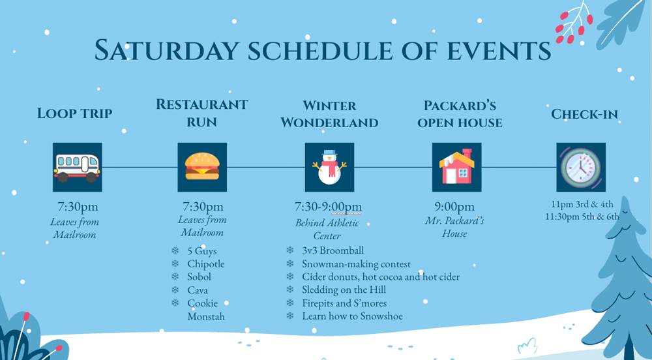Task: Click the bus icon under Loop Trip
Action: click(78, 167)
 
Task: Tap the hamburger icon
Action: click(202, 167)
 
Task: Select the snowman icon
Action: click(329, 167)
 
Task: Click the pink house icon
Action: click(456, 167)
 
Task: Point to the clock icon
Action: click(581, 167)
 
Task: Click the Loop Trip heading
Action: click(75, 113)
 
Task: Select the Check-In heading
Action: click(584, 114)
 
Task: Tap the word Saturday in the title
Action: click(166, 50)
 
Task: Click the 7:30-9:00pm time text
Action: click(328, 207)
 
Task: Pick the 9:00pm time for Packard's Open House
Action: click(454, 207)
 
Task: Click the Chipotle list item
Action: click(206, 264)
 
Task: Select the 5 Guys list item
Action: click(202, 251)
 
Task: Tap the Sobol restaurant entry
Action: click(199, 277)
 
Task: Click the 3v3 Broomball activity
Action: click(333, 250)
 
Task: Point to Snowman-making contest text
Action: click(357, 264)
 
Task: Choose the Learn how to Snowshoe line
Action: click(352, 316)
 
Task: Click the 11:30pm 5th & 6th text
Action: click(582, 217)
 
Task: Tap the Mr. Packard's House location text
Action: click(454, 227)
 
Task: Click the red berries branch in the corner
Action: click(574, 23)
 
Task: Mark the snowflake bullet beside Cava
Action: click(175, 290)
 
